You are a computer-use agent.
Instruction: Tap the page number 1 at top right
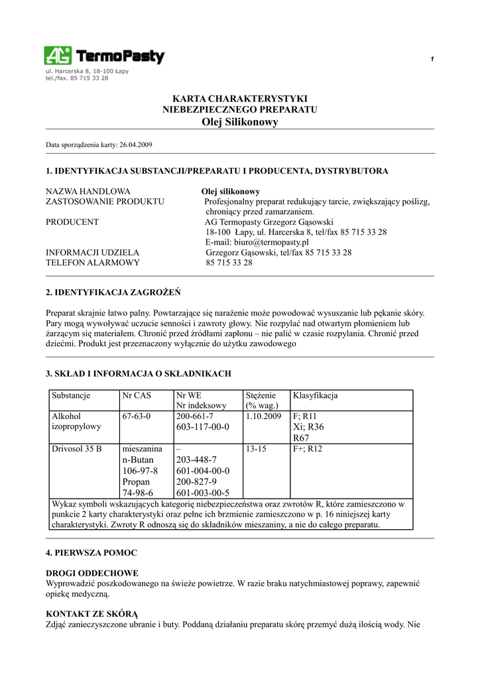[x=432, y=60]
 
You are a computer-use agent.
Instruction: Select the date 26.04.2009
[x=136, y=144]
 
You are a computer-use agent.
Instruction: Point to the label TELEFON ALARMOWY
[x=93, y=263]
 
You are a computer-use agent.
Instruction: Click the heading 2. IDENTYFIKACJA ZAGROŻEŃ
[x=113, y=292]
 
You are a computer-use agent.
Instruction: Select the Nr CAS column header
[x=137, y=395]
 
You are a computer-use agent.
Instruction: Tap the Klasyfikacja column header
[x=316, y=395]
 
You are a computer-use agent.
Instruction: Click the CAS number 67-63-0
[x=137, y=416]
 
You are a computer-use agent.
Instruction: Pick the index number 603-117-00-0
[x=202, y=427]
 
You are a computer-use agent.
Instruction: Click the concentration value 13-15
[x=256, y=449]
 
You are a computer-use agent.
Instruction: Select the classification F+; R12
[x=308, y=449]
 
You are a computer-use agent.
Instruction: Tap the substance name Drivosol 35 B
[x=77, y=449]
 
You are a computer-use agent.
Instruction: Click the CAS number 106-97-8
[x=138, y=471]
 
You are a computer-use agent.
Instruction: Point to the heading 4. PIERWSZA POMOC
[x=91, y=552]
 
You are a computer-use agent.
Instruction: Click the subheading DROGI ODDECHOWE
[x=92, y=572]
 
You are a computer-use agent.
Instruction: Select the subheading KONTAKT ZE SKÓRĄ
[x=92, y=614]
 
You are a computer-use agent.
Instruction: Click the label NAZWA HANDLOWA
[x=88, y=191]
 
